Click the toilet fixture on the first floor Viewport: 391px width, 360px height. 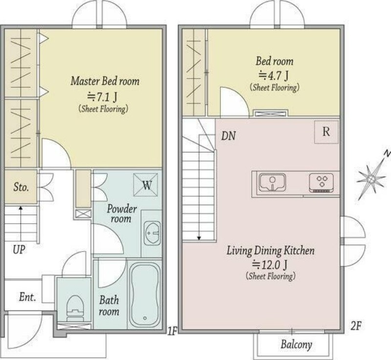point(75,308)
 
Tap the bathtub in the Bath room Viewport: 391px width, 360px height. point(145,295)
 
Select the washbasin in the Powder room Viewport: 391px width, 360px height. point(152,233)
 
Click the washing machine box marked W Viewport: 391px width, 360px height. point(146,185)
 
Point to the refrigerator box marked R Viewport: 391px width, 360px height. point(326,132)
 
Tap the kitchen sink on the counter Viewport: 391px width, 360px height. point(272,182)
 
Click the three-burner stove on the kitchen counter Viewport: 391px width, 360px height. point(322,183)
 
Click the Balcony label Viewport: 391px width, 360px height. point(296,344)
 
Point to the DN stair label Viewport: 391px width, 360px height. point(228,136)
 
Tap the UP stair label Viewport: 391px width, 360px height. point(19,250)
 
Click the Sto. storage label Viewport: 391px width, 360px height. point(21,187)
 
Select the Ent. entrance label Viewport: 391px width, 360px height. point(27,297)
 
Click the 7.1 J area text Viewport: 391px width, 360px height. point(102,97)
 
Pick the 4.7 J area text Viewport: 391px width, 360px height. point(273,75)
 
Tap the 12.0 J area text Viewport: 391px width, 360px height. point(270,264)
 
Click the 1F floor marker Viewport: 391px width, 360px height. point(172,331)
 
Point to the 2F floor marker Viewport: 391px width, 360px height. point(356,326)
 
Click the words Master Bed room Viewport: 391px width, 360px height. point(105,81)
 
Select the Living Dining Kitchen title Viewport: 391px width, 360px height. point(271,251)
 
